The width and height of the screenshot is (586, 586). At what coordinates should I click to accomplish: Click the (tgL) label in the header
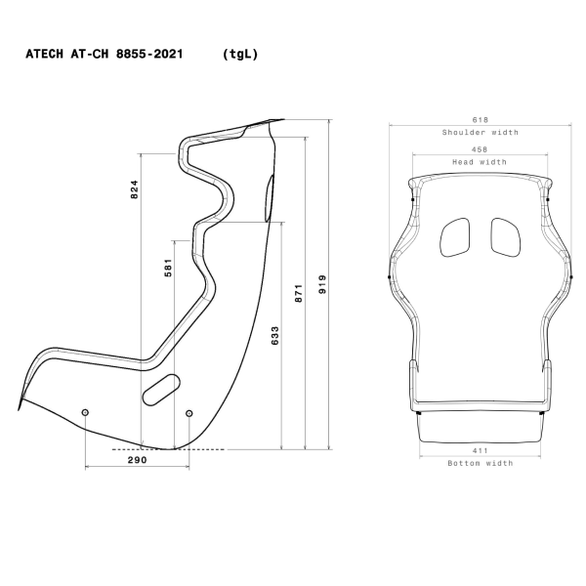click(x=239, y=56)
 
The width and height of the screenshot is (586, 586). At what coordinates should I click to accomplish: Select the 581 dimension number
click(x=168, y=269)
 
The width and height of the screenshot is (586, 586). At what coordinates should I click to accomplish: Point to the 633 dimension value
click(x=275, y=335)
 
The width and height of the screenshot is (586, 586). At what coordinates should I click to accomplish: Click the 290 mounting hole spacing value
click(x=138, y=458)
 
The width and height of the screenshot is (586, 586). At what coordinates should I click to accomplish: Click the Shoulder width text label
click(x=480, y=132)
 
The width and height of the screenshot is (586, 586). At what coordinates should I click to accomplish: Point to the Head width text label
click(x=480, y=162)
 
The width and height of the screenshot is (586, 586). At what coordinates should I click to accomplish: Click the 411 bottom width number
click(x=480, y=450)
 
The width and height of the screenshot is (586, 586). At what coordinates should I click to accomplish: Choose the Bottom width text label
click(x=480, y=463)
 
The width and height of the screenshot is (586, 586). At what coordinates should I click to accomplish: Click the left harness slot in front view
click(x=455, y=236)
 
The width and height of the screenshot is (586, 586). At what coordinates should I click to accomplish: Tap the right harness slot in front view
click(x=503, y=236)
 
